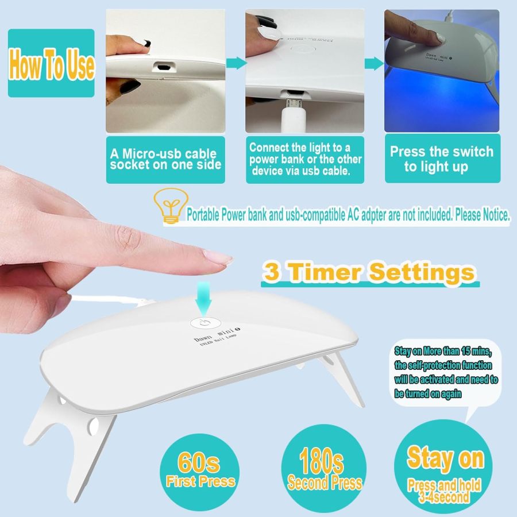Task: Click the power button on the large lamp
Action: pyautogui.click(x=204, y=323)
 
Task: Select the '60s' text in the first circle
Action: pyautogui.click(x=198, y=463)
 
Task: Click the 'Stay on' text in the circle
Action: pyautogui.click(x=445, y=458)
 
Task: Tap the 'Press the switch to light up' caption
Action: pyautogui.click(x=441, y=159)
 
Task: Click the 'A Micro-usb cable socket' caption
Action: pyautogui.click(x=163, y=159)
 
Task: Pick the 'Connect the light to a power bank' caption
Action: pyautogui.click(x=305, y=159)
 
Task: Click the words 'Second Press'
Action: pyautogui.click(x=325, y=483)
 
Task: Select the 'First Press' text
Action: pyautogui.click(x=200, y=481)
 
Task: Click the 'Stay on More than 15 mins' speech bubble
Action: pyautogui.click(x=446, y=373)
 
